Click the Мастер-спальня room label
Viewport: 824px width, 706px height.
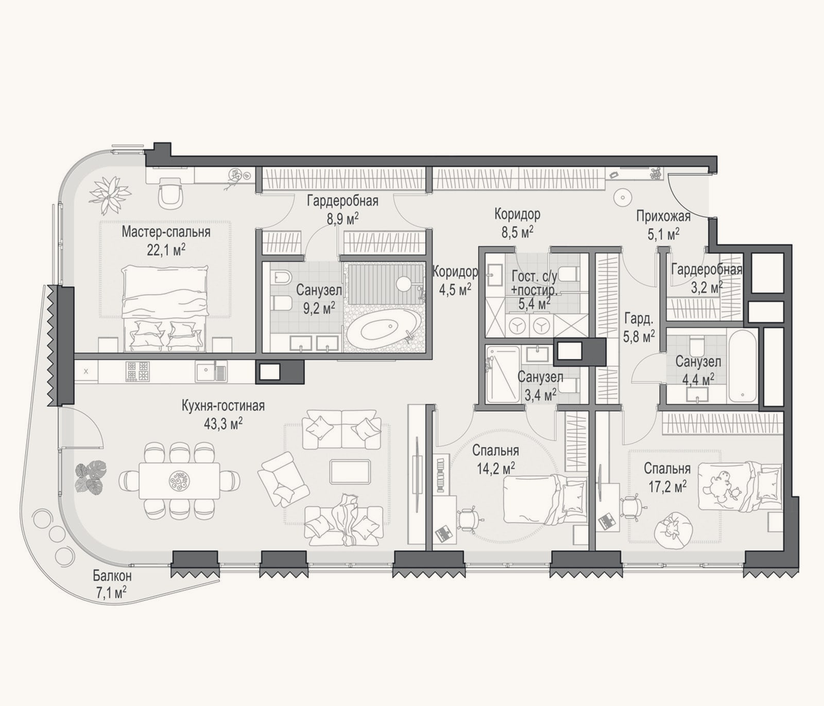[x=166, y=232]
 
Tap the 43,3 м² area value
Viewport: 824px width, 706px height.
[x=223, y=423]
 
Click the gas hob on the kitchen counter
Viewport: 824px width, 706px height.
[x=138, y=371]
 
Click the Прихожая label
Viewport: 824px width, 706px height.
[x=663, y=216]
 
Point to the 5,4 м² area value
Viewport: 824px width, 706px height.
[x=532, y=305]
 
